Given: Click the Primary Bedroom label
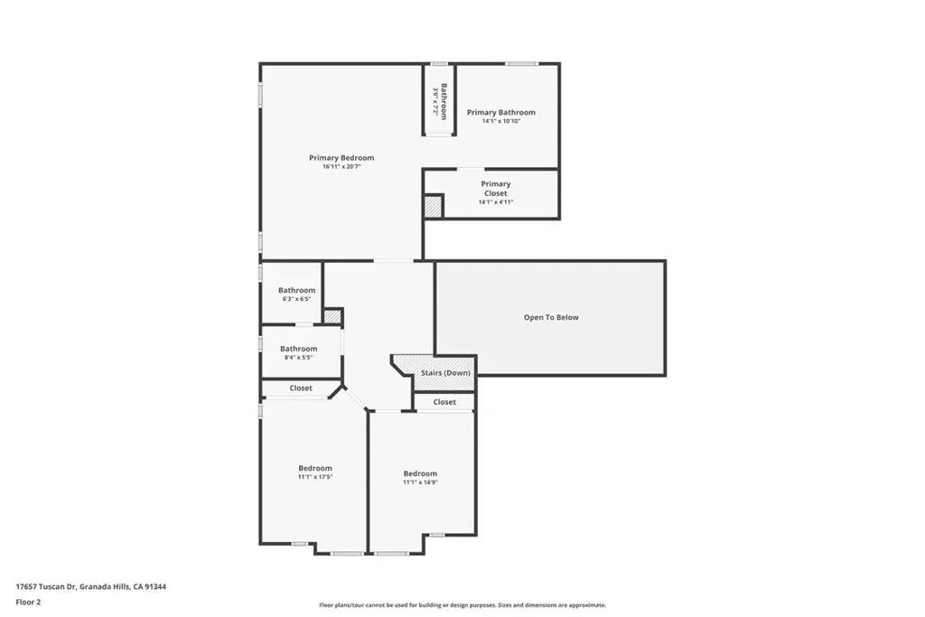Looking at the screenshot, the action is [341, 157].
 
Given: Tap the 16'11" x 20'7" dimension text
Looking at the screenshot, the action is [341, 167].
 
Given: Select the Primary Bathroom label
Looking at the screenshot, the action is [500, 112].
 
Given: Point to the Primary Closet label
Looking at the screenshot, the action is [496, 188].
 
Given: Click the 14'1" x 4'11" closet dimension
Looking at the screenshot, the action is [496, 202].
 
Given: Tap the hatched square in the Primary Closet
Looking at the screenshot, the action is [433, 207].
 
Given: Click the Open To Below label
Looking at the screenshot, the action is [551, 317].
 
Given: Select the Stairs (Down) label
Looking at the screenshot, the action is [445, 373].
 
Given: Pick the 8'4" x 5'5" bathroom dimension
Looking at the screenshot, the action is [298, 358].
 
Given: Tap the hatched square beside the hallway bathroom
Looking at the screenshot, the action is [332, 316].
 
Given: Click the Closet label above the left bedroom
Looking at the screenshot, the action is [301, 388].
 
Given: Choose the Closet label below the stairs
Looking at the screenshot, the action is [444, 402].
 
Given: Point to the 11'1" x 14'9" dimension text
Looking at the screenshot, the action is [420, 482].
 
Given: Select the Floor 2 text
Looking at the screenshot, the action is [28, 603].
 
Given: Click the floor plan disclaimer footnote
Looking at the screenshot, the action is [462, 605].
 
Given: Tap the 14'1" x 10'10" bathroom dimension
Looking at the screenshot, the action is [500, 122].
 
